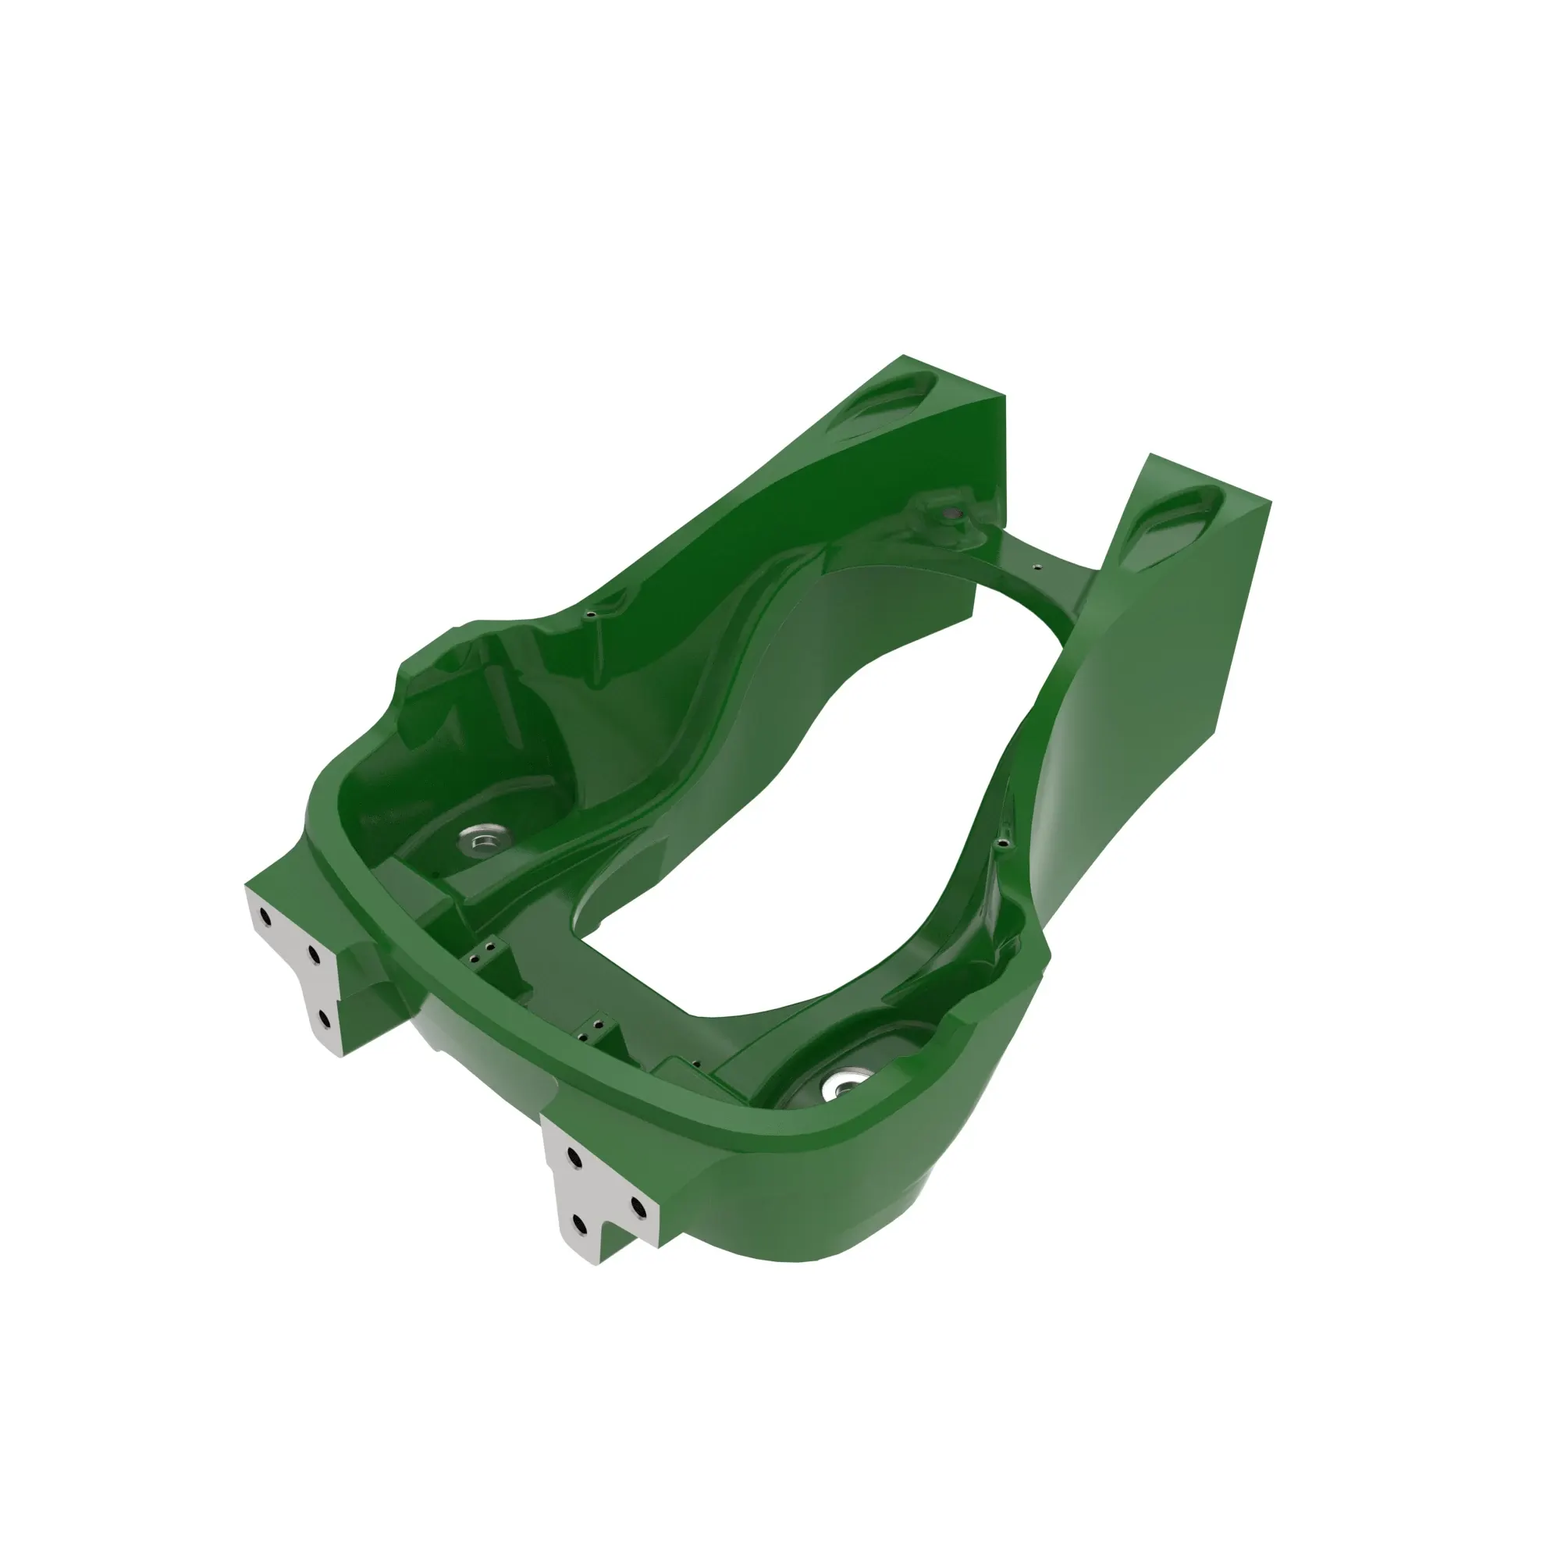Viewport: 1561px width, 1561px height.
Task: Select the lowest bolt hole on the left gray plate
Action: tap(325, 1019)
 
